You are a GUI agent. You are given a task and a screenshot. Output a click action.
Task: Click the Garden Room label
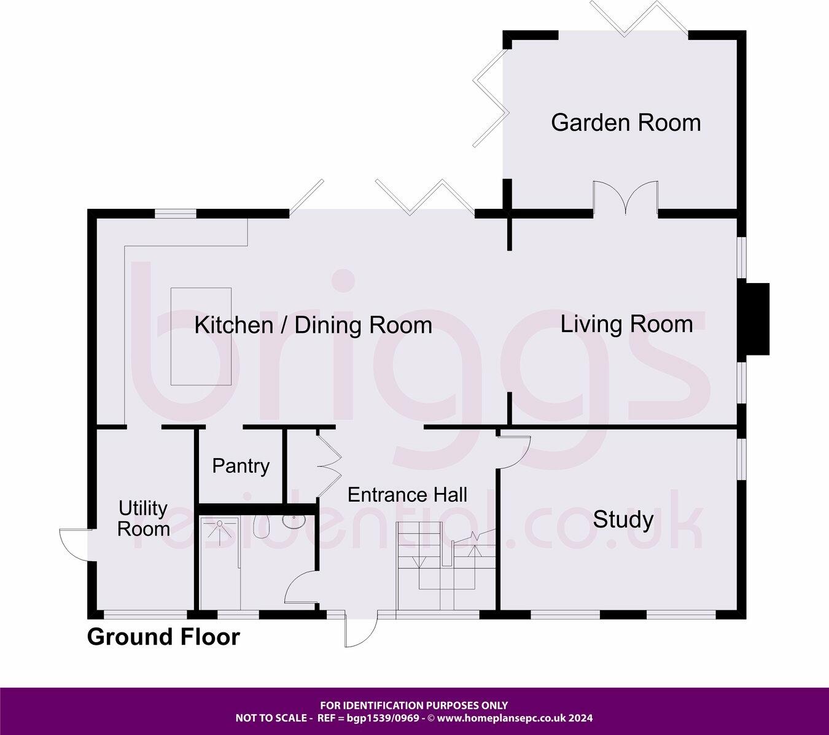click(x=625, y=123)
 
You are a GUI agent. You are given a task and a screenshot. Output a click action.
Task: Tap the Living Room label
click(x=626, y=324)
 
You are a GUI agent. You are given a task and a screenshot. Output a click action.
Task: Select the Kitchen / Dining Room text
click(x=313, y=325)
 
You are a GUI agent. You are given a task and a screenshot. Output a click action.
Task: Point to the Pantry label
click(x=241, y=466)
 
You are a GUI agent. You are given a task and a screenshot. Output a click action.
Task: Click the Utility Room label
click(x=143, y=519)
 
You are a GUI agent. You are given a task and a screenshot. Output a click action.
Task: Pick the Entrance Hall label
click(x=407, y=494)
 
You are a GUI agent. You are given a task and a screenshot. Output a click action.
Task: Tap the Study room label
click(x=623, y=520)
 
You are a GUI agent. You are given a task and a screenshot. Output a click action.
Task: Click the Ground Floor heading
click(x=163, y=637)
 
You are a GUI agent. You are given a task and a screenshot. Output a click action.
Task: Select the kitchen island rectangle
click(x=201, y=336)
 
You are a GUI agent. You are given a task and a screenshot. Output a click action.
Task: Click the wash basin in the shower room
click(x=295, y=521)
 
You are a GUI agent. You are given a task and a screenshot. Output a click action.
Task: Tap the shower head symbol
click(x=219, y=523)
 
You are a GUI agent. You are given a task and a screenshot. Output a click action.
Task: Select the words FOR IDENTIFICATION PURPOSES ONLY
click(x=414, y=706)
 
